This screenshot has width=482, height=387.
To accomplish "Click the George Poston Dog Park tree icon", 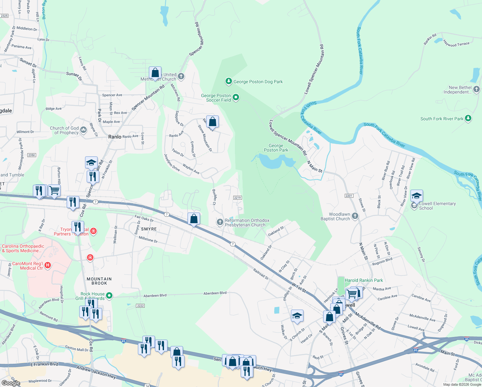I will pos(228,81).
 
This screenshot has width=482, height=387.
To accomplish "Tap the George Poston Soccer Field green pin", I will pos(236,97).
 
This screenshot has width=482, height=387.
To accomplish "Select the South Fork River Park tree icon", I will pos(468,118).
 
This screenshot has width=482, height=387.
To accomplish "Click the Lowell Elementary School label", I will pos(437,206).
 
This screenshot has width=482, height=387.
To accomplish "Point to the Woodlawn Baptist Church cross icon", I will pos(355,216).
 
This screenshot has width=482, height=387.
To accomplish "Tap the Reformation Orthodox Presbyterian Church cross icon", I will pos(220,222).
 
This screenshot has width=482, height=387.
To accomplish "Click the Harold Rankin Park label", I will pos(364,280).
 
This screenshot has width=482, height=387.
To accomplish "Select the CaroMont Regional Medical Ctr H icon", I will pos(48,265).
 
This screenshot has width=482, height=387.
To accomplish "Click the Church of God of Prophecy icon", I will pos(83,130).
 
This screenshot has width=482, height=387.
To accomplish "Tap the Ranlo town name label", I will pos(115,137).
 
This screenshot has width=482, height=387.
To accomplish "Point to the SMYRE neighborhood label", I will pos(149,229).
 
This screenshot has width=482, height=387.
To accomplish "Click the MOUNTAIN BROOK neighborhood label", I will pos(99,281).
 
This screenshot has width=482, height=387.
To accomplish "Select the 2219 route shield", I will pos(237,198).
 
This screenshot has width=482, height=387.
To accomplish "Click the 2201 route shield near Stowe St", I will pos(349,196).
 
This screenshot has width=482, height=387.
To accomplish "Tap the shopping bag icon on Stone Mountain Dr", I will pos(212,122).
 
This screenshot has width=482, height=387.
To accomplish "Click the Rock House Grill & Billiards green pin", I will pos(109,295).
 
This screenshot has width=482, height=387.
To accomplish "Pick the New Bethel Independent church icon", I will pos(477,89).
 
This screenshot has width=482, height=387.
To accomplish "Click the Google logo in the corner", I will pos(11,383).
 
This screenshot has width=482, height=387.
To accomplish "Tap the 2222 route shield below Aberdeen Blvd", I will pos(140,306).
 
